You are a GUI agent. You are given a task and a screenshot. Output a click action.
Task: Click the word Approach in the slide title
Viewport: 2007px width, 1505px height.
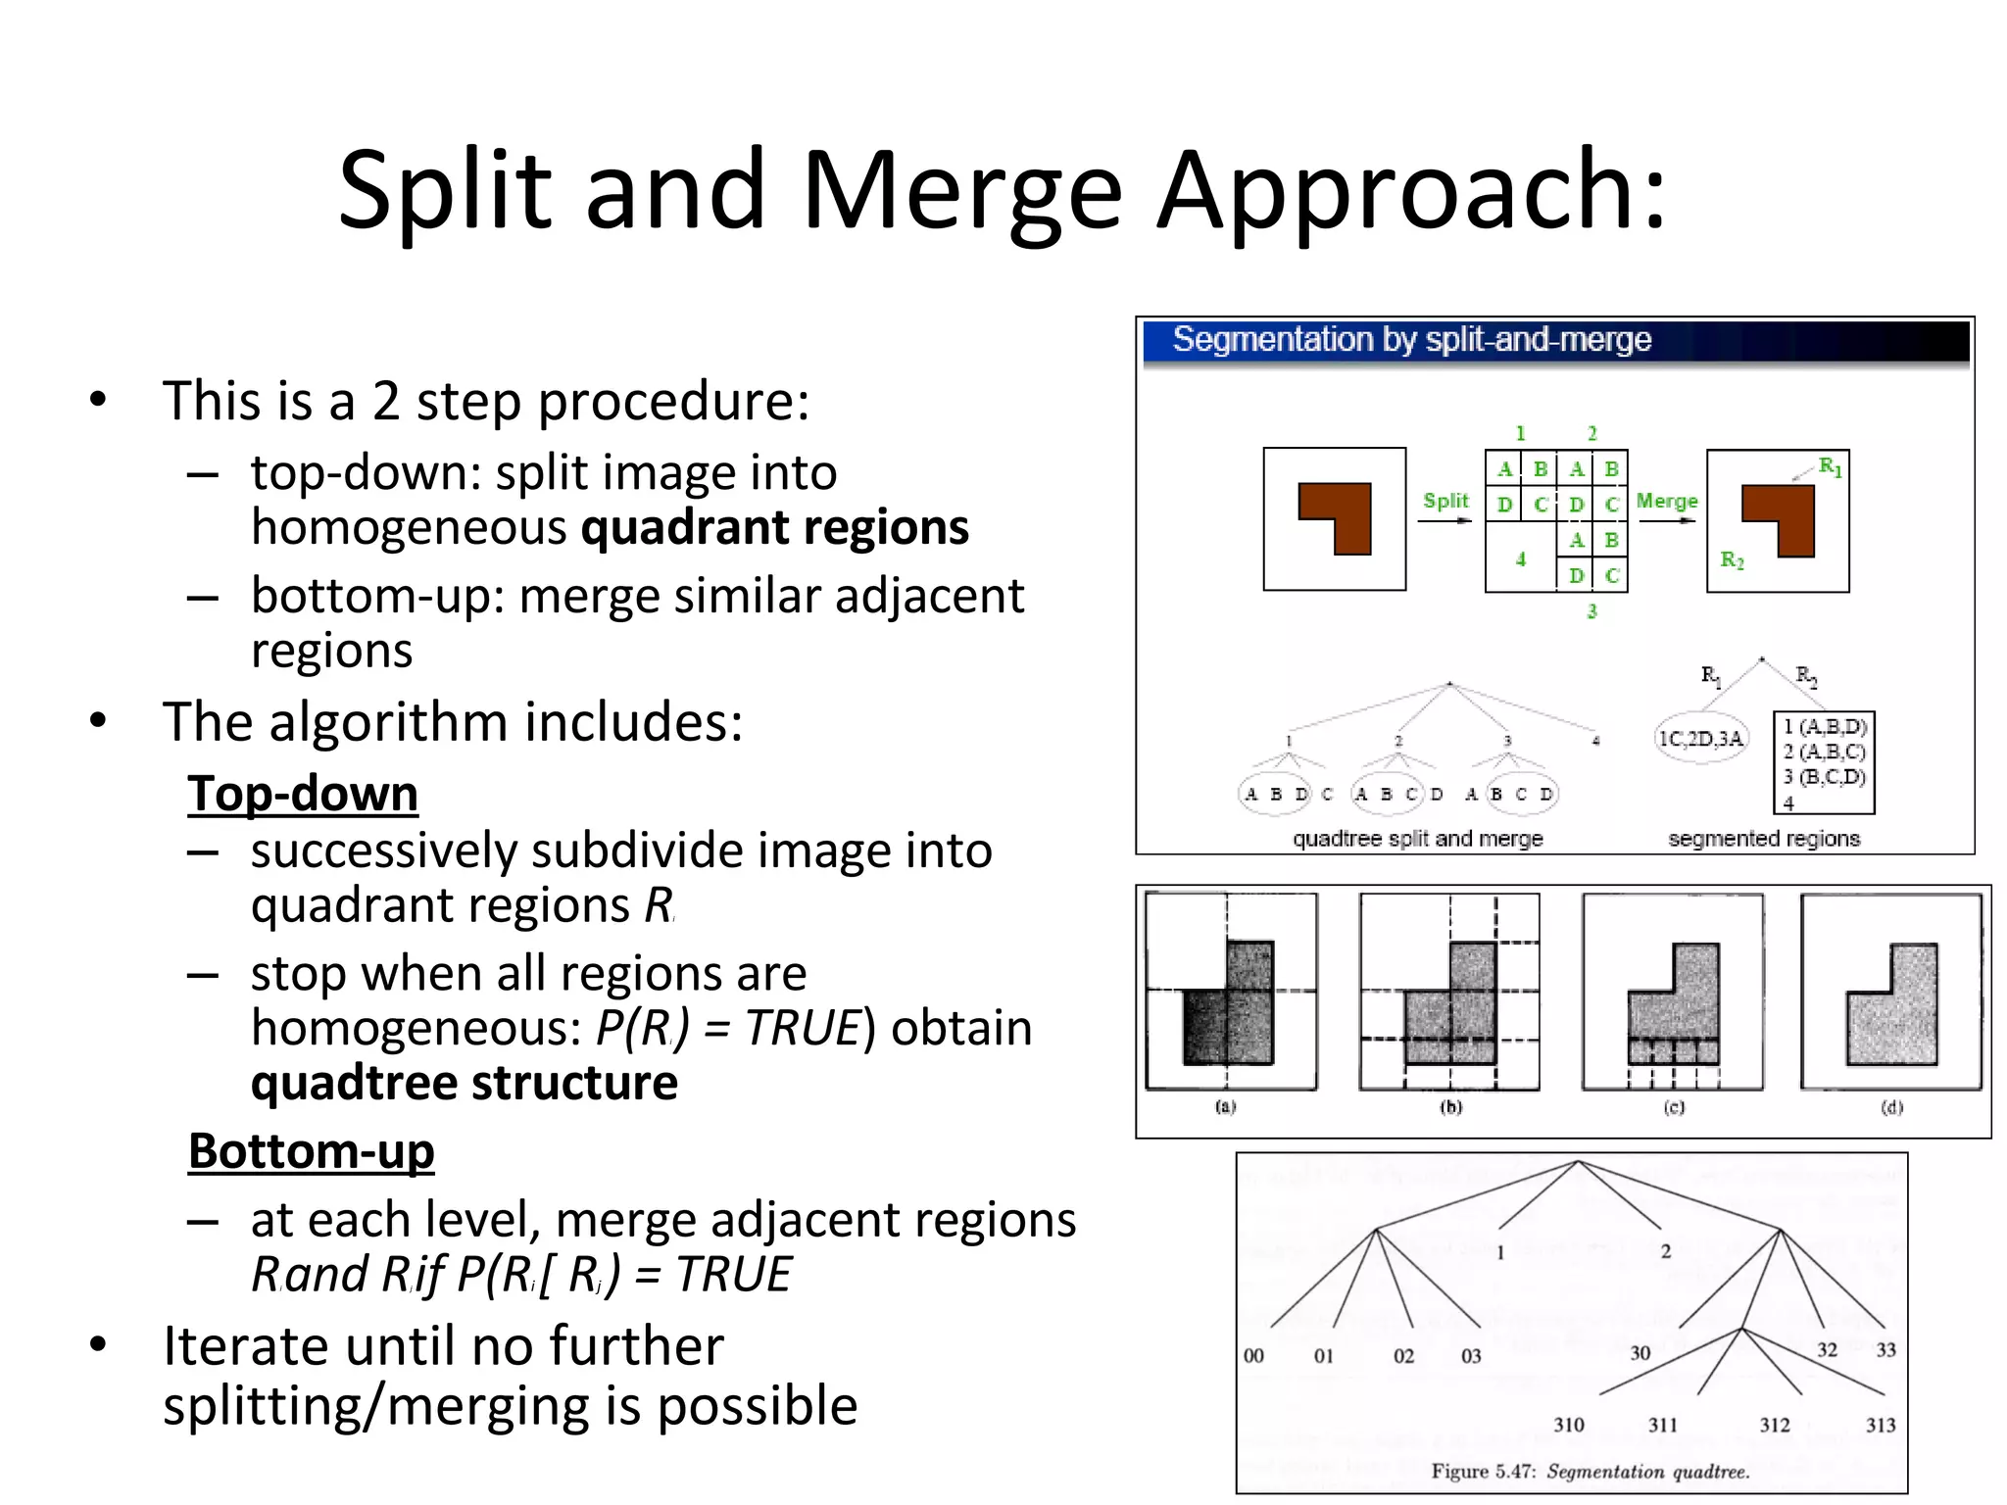1411,191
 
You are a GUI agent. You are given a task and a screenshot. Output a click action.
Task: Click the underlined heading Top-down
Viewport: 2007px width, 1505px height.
303,793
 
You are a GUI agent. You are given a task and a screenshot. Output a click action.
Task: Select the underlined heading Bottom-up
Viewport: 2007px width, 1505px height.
311,1150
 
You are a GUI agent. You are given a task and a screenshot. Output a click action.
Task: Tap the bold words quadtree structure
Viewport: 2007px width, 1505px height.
464,1083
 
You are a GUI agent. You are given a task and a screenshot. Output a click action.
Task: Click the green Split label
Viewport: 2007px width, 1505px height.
1445,501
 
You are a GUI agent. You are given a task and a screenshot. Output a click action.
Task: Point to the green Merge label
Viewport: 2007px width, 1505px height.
1666,501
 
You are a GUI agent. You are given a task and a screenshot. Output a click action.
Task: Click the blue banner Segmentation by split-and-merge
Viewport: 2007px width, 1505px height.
1411,340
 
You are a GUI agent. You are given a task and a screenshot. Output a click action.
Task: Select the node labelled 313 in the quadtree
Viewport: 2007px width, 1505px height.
1880,1425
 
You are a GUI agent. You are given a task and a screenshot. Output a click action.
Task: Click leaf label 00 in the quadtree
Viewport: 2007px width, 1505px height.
1253,1355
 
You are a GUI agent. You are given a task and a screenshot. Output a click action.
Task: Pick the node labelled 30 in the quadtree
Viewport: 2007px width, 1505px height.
1640,1353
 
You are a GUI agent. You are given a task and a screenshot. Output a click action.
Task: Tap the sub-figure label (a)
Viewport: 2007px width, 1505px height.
1225,1107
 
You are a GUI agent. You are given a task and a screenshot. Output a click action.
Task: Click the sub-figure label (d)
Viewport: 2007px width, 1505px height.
1890,1107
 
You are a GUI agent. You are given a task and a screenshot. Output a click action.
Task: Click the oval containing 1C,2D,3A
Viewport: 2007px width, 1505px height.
1700,739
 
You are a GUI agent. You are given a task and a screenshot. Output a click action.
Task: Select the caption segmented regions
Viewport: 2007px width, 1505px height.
1763,839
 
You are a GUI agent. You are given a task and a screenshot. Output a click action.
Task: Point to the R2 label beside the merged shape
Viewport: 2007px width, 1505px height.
1732,560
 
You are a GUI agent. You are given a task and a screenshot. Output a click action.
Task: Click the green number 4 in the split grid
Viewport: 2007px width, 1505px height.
1520,559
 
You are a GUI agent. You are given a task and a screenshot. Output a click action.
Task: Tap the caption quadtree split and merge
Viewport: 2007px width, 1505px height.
1417,839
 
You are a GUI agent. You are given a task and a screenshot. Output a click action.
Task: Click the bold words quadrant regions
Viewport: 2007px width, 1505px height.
774,528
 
